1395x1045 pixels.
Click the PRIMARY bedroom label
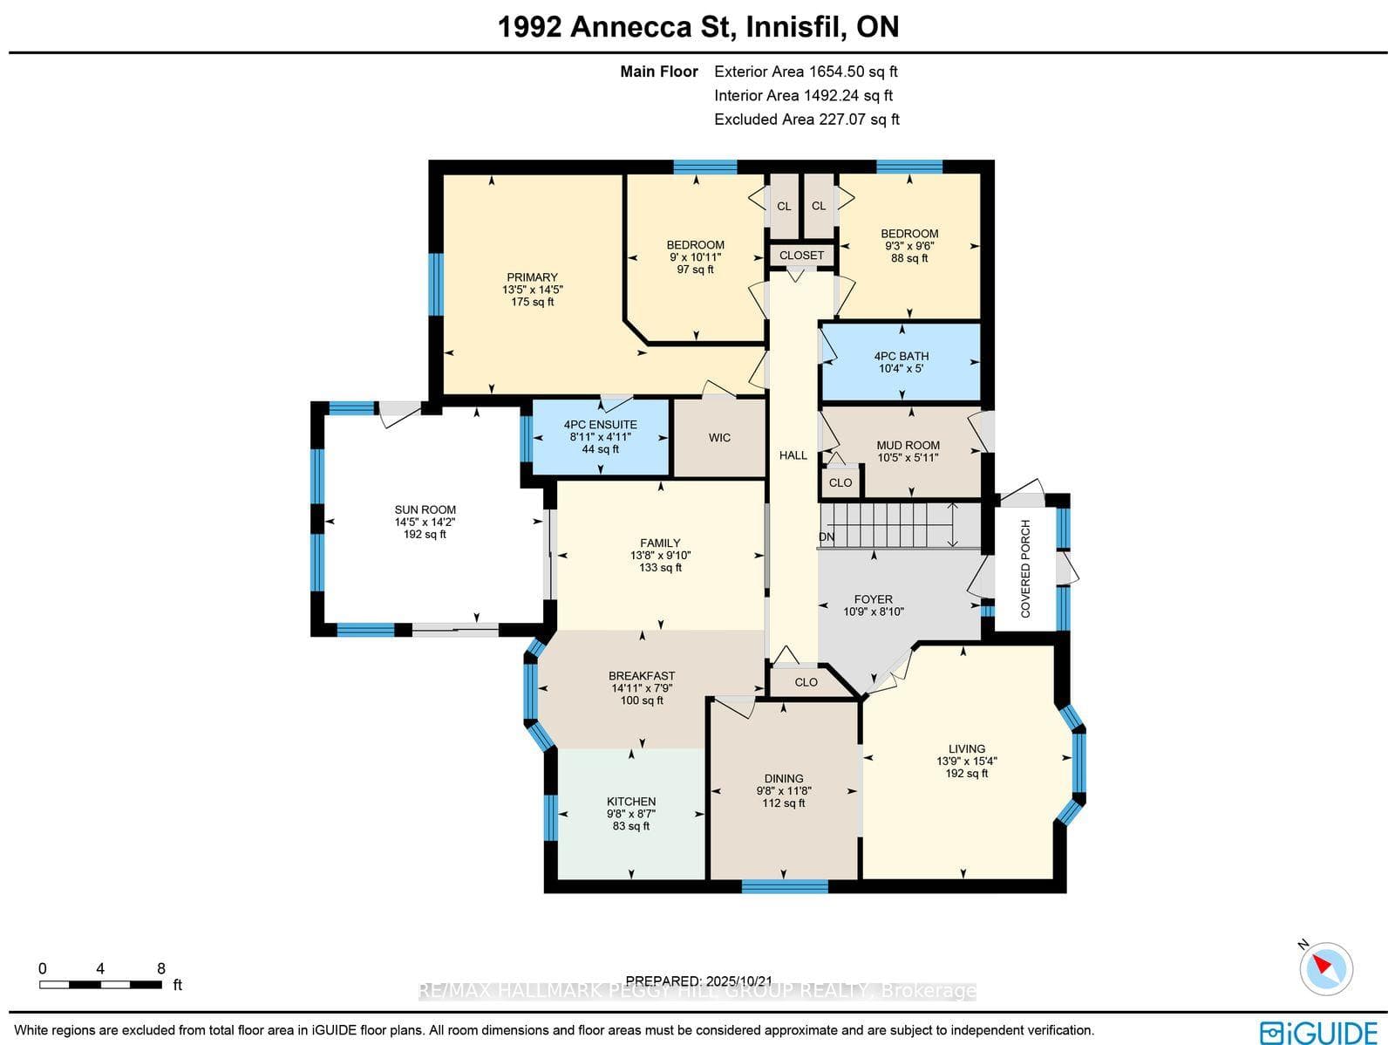(x=532, y=277)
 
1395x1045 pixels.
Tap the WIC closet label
(x=719, y=438)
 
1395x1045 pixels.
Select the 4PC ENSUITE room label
(x=600, y=425)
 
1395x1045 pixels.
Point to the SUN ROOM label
(x=425, y=509)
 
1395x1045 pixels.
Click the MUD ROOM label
(x=908, y=446)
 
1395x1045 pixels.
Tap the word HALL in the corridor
(x=793, y=455)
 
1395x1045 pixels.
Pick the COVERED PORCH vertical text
(x=1025, y=568)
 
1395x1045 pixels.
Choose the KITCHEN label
(x=631, y=802)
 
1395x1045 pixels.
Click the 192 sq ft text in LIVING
(x=967, y=774)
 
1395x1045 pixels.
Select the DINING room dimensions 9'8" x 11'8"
(x=784, y=791)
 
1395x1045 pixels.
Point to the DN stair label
(x=827, y=537)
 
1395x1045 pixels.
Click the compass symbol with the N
(x=1325, y=969)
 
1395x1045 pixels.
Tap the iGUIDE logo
(x=1319, y=1032)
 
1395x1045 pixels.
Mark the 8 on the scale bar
(x=161, y=969)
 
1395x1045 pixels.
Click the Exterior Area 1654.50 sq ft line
(x=806, y=72)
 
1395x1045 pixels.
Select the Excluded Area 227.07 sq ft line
(x=806, y=120)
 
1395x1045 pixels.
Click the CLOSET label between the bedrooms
(x=801, y=256)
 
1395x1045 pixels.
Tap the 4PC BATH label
(x=902, y=357)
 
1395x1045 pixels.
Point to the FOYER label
(x=874, y=599)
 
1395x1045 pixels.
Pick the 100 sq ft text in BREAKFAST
(x=642, y=700)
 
